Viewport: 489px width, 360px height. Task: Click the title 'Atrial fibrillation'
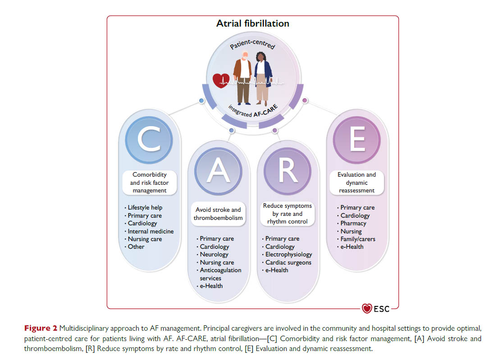point(252,23)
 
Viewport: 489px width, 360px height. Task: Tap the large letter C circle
point(149,141)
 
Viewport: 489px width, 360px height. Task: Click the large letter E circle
point(357,141)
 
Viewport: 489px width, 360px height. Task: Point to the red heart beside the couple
point(221,82)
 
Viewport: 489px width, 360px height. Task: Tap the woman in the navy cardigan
point(263,77)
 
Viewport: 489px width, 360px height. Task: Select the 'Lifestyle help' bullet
point(145,208)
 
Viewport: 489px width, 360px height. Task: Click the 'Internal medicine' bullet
point(151,231)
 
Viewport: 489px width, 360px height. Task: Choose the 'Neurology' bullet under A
point(214,255)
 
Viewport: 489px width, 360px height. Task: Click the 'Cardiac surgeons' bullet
point(288,262)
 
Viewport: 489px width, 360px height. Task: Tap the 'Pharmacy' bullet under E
point(353,223)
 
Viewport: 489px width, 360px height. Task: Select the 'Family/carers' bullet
point(358,239)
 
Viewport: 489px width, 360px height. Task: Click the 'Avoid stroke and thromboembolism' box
point(218,214)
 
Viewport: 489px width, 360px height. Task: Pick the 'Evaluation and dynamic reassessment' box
point(356,182)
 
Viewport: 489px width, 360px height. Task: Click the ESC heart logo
point(367,309)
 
